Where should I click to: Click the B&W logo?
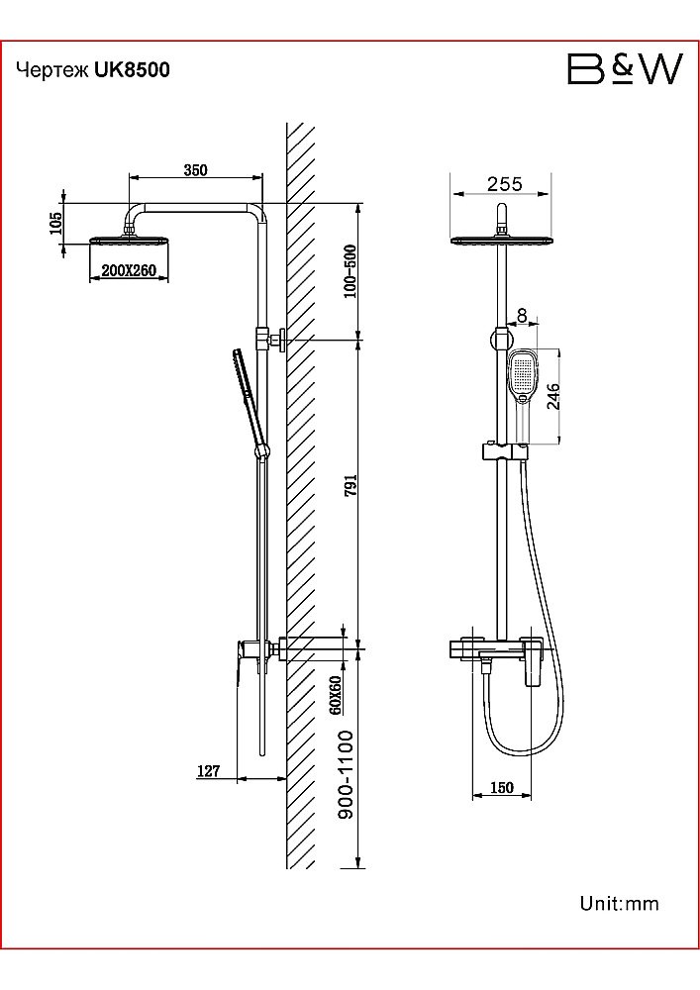click(x=625, y=69)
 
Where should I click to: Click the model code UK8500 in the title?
click(x=132, y=69)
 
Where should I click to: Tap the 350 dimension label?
click(x=195, y=170)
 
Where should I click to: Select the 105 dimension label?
click(x=55, y=224)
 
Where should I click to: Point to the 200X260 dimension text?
click(x=129, y=270)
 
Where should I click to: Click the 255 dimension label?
click(x=504, y=184)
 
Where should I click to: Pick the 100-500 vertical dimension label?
click(x=350, y=271)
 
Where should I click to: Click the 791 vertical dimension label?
click(x=350, y=485)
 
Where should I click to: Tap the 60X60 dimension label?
click(x=335, y=695)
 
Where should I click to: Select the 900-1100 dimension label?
click(x=347, y=775)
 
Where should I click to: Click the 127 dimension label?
click(x=209, y=771)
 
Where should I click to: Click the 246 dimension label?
click(x=552, y=397)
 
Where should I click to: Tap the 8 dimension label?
click(x=522, y=315)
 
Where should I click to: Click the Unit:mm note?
click(x=619, y=904)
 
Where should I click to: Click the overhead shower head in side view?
click(x=130, y=242)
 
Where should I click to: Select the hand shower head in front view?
click(x=523, y=376)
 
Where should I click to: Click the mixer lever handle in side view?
click(x=242, y=664)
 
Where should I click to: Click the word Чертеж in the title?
click(x=52, y=70)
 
